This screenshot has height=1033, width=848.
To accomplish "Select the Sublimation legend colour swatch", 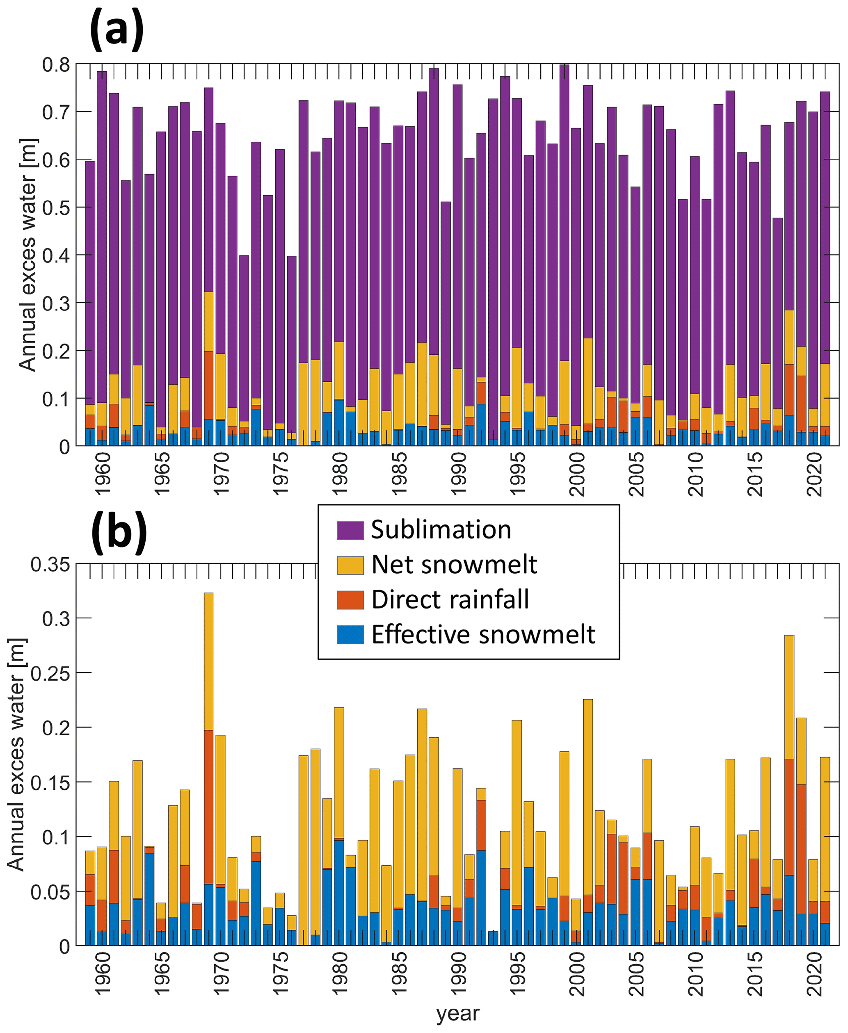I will [350, 530].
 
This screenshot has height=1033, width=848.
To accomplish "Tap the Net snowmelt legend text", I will [454, 565].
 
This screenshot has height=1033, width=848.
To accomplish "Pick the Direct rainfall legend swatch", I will [350, 600].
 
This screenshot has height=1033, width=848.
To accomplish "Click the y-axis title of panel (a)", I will [28, 255].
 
